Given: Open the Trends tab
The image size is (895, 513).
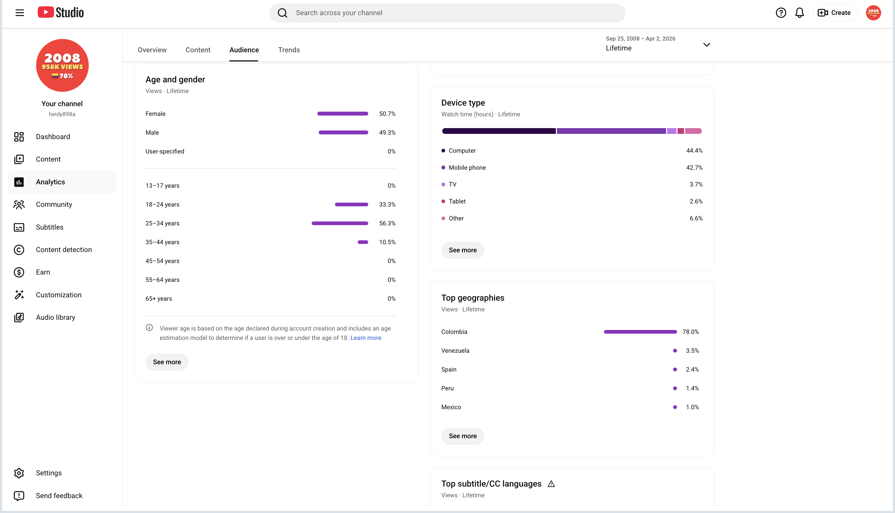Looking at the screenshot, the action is (289, 50).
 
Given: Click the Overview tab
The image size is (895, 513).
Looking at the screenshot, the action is (152, 50).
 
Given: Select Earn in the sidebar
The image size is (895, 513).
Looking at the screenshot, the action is (43, 272).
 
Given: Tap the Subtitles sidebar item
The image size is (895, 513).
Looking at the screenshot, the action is (50, 227).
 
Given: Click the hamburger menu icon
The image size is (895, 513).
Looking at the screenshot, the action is (20, 13).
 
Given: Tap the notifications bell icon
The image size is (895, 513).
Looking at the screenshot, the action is (799, 13).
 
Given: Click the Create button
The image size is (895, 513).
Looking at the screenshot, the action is (834, 13).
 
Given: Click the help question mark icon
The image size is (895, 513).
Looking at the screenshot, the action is (781, 13).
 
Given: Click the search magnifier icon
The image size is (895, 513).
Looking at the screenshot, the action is (282, 13).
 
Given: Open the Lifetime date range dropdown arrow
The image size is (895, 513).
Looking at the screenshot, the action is (706, 45).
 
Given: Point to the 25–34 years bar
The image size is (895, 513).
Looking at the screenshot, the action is (340, 223).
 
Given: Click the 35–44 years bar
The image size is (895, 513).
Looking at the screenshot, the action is (363, 242).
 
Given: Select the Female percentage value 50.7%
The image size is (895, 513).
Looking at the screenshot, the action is (387, 114).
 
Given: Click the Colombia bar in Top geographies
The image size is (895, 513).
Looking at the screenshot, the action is (640, 332).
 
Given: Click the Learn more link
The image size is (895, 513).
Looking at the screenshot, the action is (366, 338).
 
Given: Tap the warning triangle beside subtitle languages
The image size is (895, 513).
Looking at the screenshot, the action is (551, 484).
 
